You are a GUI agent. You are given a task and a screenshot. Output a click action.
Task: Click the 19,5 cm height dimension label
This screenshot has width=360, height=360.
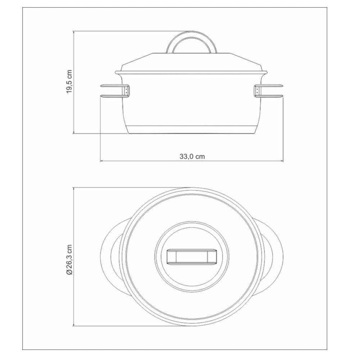(69, 82)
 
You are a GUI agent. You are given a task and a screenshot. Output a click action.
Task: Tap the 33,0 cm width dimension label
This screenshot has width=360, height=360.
(192, 157)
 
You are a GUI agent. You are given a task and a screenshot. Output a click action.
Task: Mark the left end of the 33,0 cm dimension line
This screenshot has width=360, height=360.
(100, 161)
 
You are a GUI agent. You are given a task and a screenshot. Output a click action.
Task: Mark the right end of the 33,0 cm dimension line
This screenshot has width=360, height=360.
(283, 161)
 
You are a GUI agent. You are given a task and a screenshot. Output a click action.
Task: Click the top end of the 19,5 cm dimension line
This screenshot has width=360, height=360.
(73, 31)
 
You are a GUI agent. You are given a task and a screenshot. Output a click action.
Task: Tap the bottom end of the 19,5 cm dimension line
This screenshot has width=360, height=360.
(73, 134)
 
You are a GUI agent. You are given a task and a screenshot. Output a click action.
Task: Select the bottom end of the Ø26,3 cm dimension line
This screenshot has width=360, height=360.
(73, 327)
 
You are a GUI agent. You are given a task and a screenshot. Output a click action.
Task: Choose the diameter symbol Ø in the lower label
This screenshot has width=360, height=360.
(69, 273)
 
